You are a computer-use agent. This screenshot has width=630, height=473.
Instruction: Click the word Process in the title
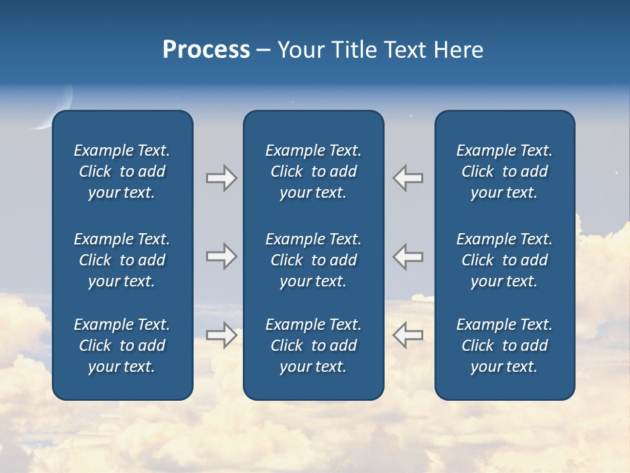[x=206, y=50]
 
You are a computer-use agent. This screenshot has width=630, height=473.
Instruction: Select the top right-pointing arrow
[x=221, y=178]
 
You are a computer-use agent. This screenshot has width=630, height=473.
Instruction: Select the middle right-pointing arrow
[x=221, y=256]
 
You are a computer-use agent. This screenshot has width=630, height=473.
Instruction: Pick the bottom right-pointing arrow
[x=221, y=335]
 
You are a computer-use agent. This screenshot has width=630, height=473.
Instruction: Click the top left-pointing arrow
[x=408, y=178]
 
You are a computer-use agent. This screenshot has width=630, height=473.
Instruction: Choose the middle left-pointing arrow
[x=408, y=256]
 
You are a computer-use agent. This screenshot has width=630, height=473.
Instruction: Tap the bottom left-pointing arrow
[x=408, y=335]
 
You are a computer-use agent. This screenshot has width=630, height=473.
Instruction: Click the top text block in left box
[x=122, y=171]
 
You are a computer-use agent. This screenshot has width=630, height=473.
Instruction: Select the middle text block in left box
[x=122, y=260]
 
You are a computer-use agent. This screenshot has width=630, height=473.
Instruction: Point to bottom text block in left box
[x=122, y=346]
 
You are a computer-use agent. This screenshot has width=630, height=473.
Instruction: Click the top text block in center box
[x=313, y=171]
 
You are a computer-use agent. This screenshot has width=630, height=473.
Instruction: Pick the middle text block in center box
[x=313, y=260]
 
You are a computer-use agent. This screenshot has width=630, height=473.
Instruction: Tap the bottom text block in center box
[x=313, y=346]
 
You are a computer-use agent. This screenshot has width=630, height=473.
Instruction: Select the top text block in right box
[x=504, y=171]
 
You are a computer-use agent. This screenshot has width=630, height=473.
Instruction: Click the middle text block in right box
[x=504, y=260]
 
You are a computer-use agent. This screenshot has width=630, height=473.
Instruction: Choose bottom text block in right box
[x=504, y=346]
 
